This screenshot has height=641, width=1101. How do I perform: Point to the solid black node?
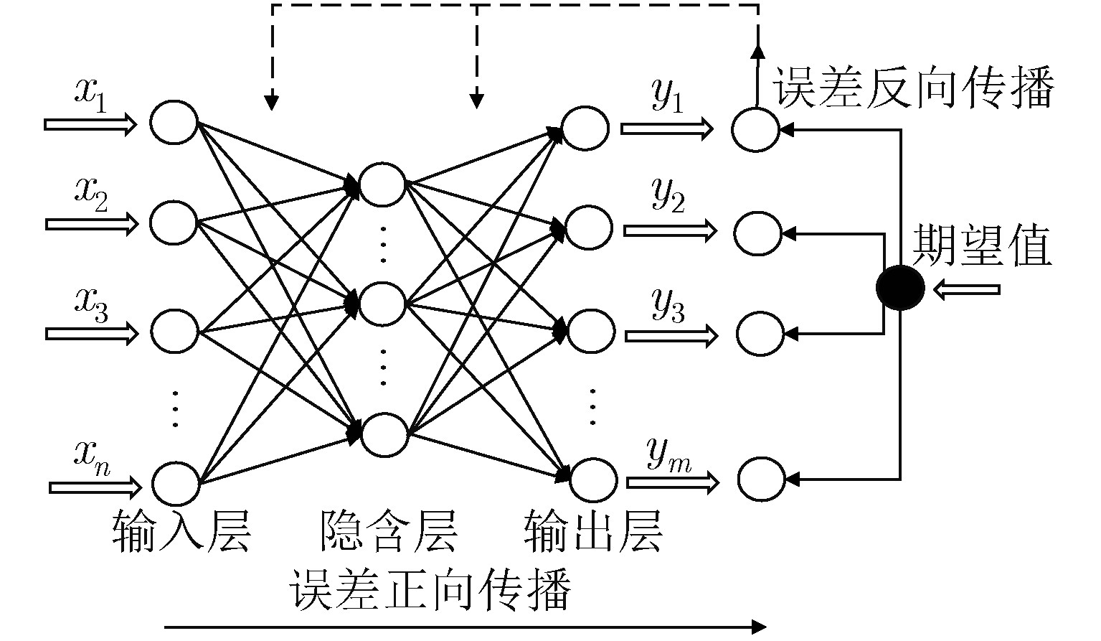tap(900, 288)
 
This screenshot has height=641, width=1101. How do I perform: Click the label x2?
tap(91, 195)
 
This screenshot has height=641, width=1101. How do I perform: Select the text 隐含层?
tap(389, 532)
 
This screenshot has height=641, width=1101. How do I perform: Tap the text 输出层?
tap(593, 532)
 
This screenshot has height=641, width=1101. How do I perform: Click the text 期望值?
tap(981, 245)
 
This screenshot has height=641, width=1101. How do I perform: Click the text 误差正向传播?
tap(430, 589)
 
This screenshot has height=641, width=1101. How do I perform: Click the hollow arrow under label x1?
tap(90, 124)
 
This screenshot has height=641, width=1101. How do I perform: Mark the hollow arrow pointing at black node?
tap(966, 289)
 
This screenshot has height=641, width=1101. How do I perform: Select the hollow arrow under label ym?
tap(672, 482)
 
